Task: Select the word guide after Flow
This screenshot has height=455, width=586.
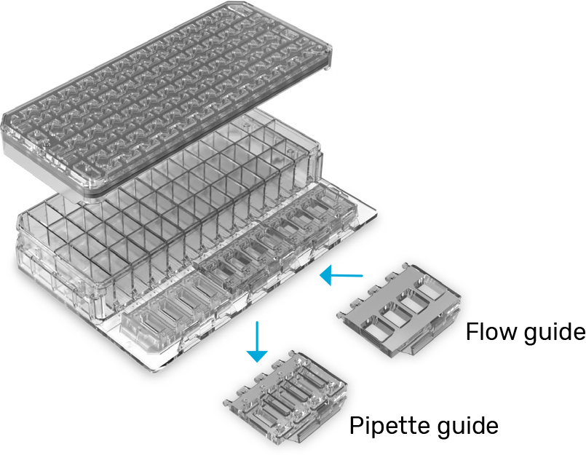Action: pyautogui.click(x=555, y=334)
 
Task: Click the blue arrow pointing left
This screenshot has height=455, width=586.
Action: pyautogui.click(x=341, y=274)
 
